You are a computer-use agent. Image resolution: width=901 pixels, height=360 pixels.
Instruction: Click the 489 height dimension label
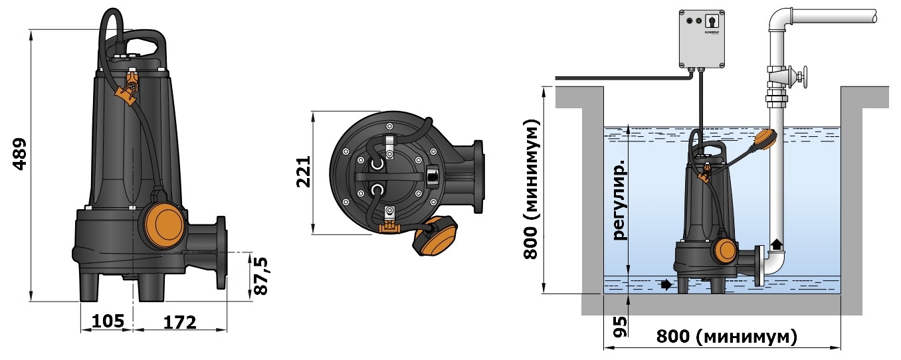click(x=20, y=155)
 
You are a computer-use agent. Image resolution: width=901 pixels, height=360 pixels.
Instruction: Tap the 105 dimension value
click(x=108, y=321)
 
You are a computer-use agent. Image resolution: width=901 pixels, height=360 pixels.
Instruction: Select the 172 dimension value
click(x=180, y=322)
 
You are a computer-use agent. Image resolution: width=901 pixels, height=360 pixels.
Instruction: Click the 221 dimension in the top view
click(x=303, y=172)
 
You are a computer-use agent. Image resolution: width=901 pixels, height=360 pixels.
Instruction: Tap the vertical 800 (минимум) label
click(x=532, y=189)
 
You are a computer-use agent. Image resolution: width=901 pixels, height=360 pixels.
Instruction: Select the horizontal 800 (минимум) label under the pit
click(x=726, y=337)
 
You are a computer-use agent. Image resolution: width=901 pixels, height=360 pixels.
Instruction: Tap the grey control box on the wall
click(x=702, y=39)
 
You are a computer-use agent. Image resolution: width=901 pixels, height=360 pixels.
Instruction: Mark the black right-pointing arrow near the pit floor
click(x=666, y=285)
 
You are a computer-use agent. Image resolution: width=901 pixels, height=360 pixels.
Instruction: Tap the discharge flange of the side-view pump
click(x=222, y=252)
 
